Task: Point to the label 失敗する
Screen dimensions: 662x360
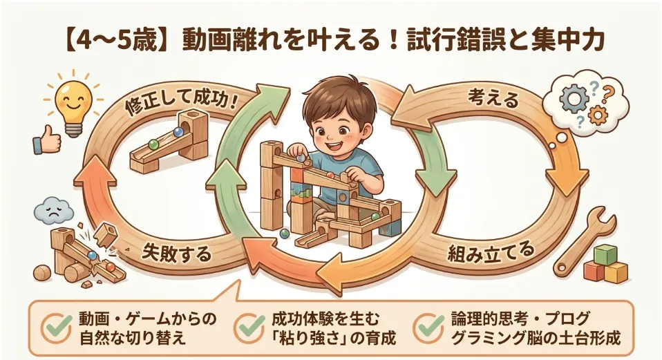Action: tap(176, 252)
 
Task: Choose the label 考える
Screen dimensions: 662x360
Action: tap(493, 98)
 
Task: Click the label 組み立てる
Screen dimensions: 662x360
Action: tap(491, 253)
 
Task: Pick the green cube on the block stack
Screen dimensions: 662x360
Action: tap(606, 256)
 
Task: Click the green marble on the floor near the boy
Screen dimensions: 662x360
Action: tap(284, 234)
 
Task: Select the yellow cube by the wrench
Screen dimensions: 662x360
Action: tap(616, 272)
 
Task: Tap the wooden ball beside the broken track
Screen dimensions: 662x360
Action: tap(41, 273)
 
